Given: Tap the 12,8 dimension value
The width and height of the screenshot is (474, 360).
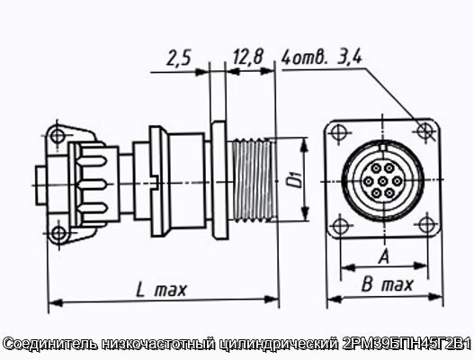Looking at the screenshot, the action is click(x=248, y=57).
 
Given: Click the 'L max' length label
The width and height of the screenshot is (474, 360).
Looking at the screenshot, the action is click(x=161, y=290).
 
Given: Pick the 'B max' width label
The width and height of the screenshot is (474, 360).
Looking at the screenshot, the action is click(x=387, y=284).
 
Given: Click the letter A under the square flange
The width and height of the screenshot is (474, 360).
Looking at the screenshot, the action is click(x=384, y=256).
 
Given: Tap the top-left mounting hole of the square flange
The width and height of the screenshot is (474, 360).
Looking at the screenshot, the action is click(x=338, y=132).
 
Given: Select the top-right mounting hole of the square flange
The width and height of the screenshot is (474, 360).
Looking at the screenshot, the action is click(x=425, y=130).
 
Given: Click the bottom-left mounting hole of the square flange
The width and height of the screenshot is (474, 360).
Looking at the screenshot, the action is click(x=340, y=225).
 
